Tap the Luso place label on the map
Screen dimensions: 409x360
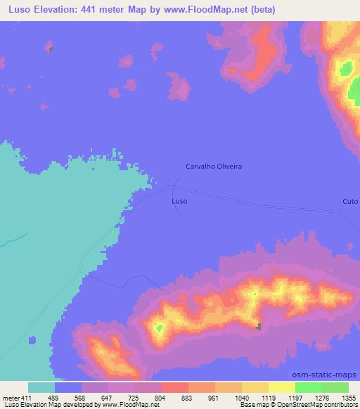point(179,201)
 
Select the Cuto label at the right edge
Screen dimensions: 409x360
point(349,201)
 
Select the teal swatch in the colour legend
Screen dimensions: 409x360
point(41,388)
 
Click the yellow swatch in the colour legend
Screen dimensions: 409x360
point(281,388)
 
